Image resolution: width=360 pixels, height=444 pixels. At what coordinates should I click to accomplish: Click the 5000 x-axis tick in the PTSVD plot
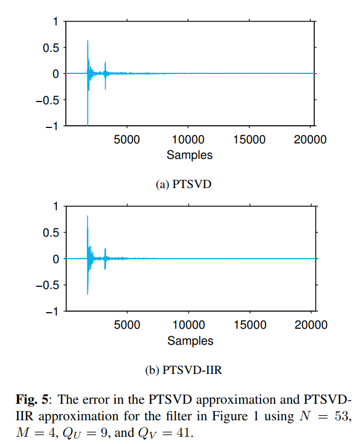pyautogui.click(x=126, y=140)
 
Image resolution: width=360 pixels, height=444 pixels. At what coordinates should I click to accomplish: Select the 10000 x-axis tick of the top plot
pyautogui.click(x=188, y=140)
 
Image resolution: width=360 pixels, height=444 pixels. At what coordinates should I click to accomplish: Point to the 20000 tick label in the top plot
pyautogui.click(x=310, y=140)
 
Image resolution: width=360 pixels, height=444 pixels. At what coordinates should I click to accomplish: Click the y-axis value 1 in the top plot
pyautogui.click(x=55, y=22)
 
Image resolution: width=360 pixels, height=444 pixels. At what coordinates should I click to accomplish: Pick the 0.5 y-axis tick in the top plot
pyautogui.click(x=51, y=47)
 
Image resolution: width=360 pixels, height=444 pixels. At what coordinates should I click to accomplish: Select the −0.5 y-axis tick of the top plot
pyautogui.click(x=47, y=100)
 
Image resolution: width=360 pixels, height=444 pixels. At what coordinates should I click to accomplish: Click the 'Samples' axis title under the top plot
pyautogui.click(x=189, y=155)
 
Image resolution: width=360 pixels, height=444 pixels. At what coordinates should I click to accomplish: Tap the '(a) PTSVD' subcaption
pyautogui.click(x=184, y=184)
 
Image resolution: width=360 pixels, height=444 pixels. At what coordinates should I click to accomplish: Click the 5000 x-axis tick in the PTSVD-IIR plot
pyautogui.click(x=126, y=325)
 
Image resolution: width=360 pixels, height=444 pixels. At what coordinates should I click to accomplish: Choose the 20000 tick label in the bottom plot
pyautogui.click(x=310, y=325)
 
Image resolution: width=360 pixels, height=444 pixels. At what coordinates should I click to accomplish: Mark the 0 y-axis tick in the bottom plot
pyautogui.click(x=55, y=259)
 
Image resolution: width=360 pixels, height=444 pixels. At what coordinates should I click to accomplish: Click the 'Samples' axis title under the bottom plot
pyautogui.click(x=189, y=340)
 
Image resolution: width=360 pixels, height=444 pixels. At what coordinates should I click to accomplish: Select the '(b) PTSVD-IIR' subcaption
pyautogui.click(x=184, y=370)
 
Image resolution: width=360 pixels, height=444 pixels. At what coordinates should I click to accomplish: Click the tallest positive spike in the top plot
pyautogui.click(x=88, y=41)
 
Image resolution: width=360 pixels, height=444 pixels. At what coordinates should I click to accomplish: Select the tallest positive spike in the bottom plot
pyautogui.click(x=88, y=217)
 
